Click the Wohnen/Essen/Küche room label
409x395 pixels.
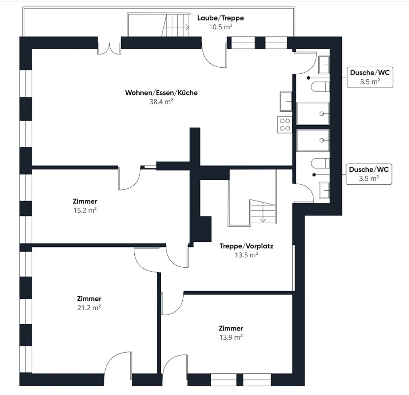161,93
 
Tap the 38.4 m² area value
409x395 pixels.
161,102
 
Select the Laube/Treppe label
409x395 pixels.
220,18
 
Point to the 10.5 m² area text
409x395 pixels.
220,27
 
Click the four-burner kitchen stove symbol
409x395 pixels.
285,125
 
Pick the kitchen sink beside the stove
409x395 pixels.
286,101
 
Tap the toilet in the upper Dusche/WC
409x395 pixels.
320,87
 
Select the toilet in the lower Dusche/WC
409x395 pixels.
320,163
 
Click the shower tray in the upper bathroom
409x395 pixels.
313,114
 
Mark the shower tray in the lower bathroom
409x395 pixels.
313,140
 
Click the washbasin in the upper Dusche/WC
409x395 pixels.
324,65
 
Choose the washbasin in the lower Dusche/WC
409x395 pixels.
324,190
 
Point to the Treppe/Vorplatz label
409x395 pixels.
246,246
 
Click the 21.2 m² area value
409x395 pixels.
89,308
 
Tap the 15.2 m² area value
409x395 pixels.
85,210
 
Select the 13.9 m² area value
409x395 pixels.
231,337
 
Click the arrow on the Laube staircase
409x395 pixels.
176,27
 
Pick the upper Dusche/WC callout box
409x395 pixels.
370,77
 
